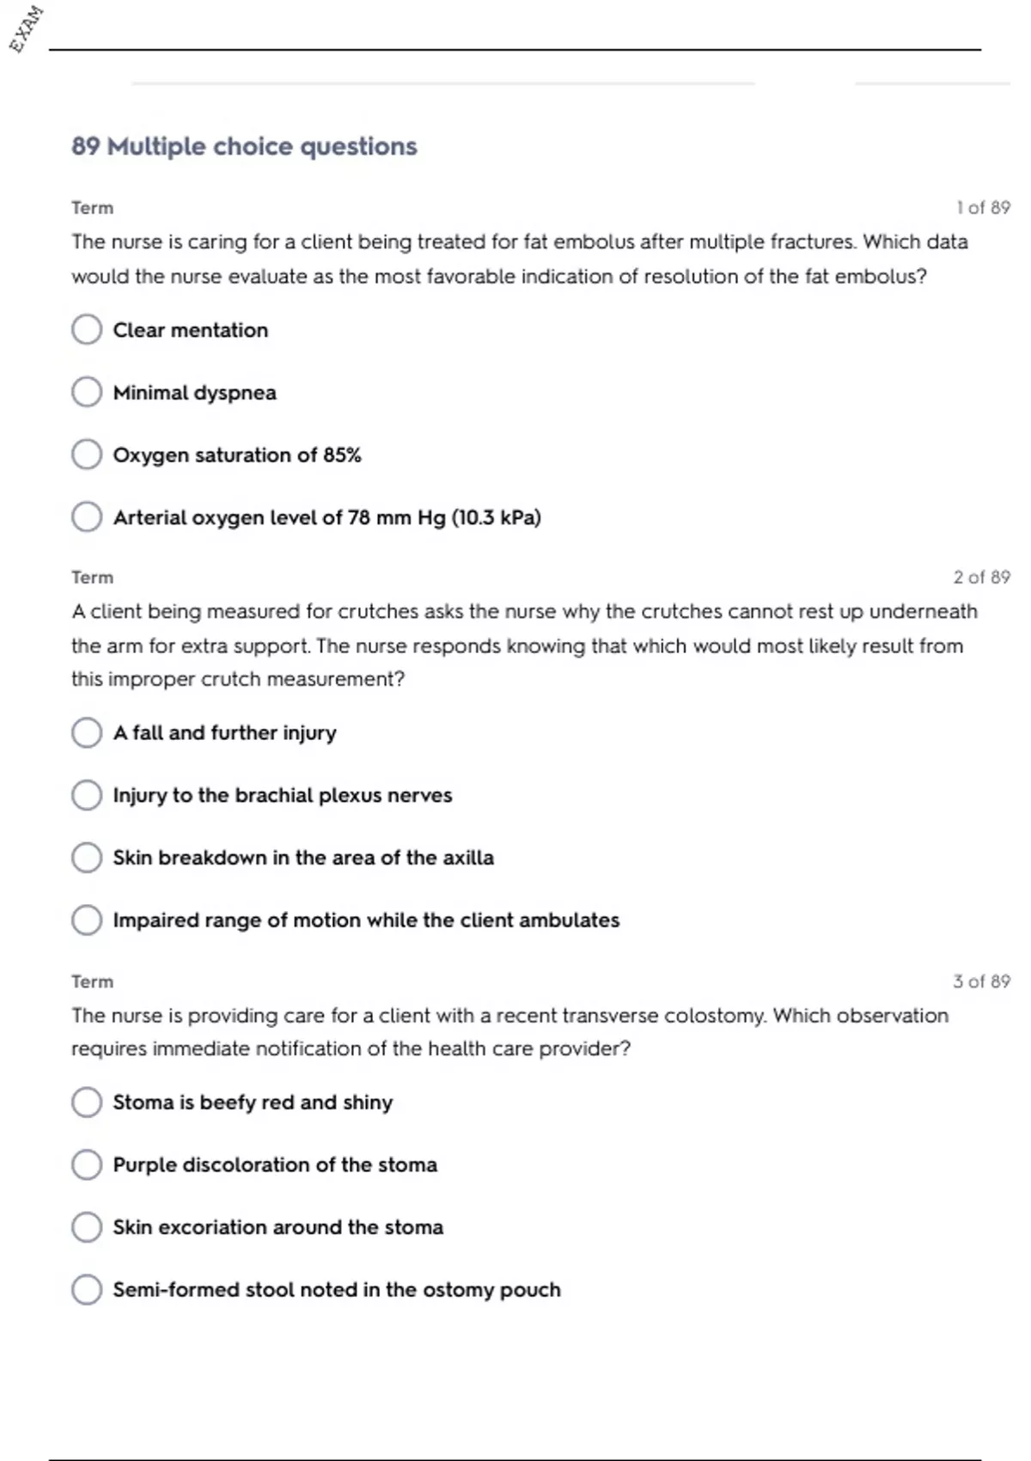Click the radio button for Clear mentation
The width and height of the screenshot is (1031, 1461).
pyautogui.click(x=87, y=329)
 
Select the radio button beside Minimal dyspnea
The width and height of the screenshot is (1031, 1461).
pyautogui.click(x=87, y=392)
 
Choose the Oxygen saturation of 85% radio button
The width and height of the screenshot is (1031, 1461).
pyautogui.click(x=87, y=455)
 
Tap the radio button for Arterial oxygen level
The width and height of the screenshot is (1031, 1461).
pyautogui.click(x=87, y=517)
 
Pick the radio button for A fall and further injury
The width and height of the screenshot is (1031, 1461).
pyautogui.click(x=87, y=732)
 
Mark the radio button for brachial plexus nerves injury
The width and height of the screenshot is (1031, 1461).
pyautogui.click(x=87, y=795)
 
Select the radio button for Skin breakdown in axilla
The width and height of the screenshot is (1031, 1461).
pyautogui.click(x=87, y=857)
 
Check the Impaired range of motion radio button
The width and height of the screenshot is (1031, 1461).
pyautogui.click(x=87, y=920)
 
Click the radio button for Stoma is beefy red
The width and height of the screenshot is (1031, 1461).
pyautogui.click(x=87, y=1102)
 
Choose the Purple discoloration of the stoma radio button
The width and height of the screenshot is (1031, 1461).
pyautogui.click(x=87, y=1165)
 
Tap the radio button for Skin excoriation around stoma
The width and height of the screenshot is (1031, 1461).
pyautogui.click(x=87, y=1226)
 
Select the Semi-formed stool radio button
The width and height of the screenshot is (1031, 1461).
pyautogui.click(x=87, y=1289)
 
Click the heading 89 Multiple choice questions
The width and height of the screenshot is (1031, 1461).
pyautogui.click(x=244, y=146)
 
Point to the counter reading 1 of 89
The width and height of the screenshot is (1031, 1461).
pyautogui.click(x=983, y=208)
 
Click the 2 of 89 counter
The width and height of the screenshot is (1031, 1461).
pyautogui.click(x=981, y=578)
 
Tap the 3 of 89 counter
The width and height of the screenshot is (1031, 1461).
pyautogui.click(x=981, y=981)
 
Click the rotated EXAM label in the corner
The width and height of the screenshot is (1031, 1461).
pyautogui.click(x=26, y=29)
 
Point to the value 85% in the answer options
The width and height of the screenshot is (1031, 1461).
pyautogui.click(x=342, y=455)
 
